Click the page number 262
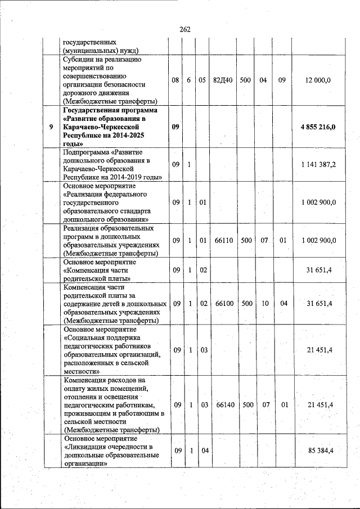tap(185, 29)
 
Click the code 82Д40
tap(223, 80)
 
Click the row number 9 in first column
tap(51, 127)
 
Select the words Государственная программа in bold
tap(103, 110)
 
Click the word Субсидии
tap(79, 59)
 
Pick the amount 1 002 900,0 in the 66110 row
tap(318, 241)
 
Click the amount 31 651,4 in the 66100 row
tap(319, 304)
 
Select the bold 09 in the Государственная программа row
tap(175, 127)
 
